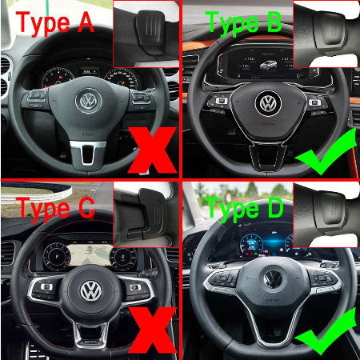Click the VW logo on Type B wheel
(267, 103)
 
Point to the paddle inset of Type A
(146, 32)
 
